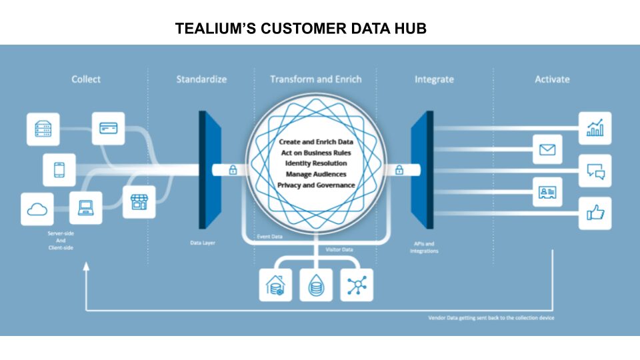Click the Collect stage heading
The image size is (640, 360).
click(86, 79)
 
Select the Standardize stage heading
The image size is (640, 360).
click(201, 79)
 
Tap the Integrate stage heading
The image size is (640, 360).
click(434, 79)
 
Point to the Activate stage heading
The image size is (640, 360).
click(552, 79)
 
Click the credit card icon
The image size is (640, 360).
click(107, 127)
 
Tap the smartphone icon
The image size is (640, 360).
click(59, 169)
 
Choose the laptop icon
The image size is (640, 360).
click(86, 207)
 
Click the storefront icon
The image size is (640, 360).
click(139, 201)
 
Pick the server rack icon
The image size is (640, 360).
click(43, 129)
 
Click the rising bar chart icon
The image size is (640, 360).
click(595, 127)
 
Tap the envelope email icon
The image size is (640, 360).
click(547, 149)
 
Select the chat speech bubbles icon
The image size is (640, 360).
click(595, 171)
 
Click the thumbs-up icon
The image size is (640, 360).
click(595, 213)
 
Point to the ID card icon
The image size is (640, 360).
click(547, 193)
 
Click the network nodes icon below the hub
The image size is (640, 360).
click(357, 285)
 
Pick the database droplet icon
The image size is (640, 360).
click(316, 285)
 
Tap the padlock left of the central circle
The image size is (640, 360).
click(233, 169)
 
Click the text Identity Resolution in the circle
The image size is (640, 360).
click(316, 163)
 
